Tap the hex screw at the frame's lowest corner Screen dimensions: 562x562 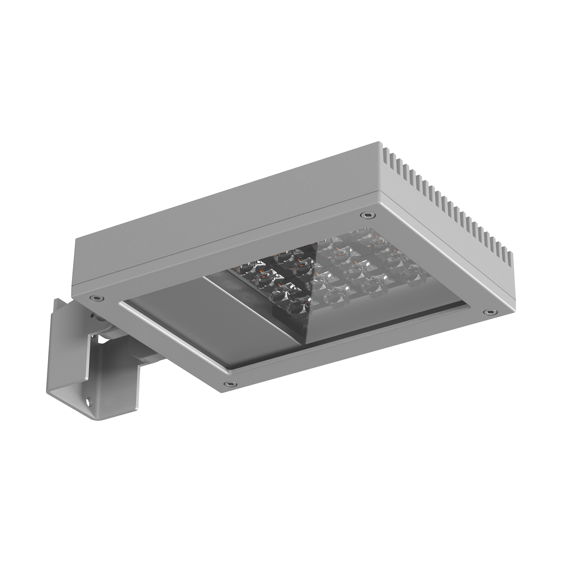click(230, 383)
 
